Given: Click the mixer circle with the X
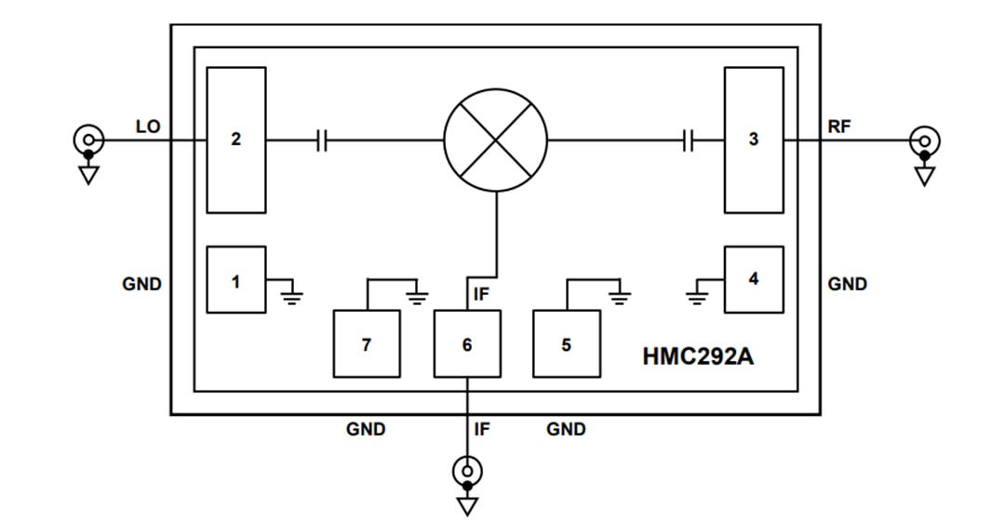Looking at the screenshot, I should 496,141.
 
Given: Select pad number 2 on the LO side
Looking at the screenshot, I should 236,140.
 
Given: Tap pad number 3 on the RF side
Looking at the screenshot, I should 754,140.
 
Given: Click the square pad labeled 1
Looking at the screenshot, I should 236,279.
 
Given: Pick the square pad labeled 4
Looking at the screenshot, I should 754,279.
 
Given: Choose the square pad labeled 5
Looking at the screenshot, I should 566,344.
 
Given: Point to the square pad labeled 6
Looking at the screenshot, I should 467,344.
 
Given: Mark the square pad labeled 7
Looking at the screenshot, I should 367,344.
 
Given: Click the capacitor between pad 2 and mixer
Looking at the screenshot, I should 322,141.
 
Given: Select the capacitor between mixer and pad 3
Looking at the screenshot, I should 688,141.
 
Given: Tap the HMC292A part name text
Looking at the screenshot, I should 698,355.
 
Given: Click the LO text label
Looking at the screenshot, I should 148,127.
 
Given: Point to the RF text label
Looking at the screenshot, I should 839,127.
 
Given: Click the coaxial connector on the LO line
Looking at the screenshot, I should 88,141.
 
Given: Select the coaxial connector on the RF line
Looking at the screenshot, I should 925,141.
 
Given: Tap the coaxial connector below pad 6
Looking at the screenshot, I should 467,473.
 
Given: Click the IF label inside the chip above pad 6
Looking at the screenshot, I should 481,295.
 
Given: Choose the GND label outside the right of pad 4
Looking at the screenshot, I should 847,284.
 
